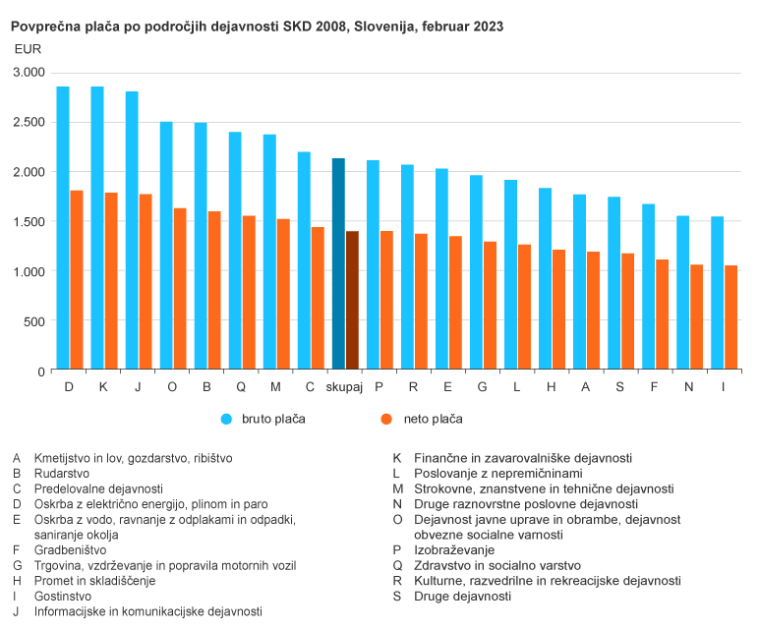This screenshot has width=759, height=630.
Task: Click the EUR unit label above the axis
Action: [x=29, y=48]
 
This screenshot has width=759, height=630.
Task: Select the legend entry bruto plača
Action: [x=272, y=419]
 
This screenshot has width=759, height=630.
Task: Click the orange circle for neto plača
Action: [x=386, y=419]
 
